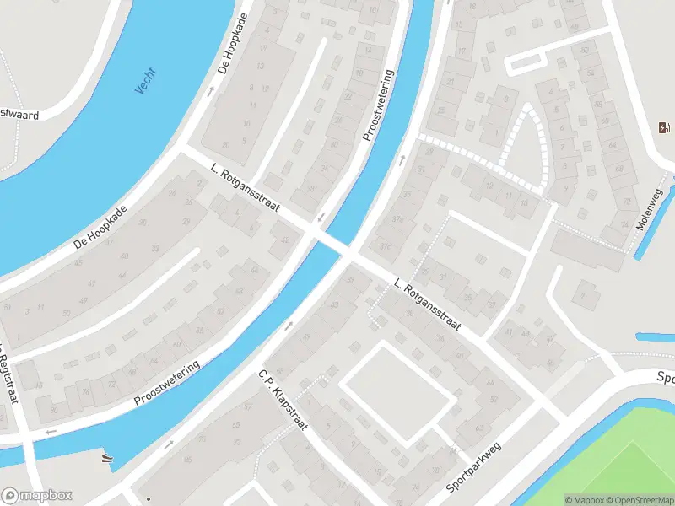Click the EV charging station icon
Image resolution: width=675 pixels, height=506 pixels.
[x=664, y=127]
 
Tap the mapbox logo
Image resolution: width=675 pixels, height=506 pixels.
[x=37, y=496]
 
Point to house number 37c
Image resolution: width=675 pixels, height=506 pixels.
[x=386, y=245]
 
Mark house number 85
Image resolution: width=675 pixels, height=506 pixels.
[x=186, y=459]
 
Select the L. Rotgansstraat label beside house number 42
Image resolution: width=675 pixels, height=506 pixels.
[x=245, y=192]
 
